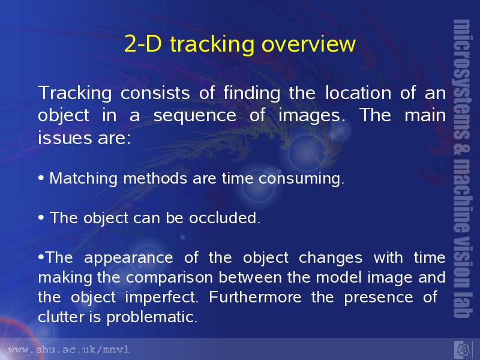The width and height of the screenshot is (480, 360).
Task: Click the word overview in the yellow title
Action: pyautogui.click(x=308, y=44)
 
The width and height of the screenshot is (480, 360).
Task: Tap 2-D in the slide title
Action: pyautogui.click(x=143, y=44)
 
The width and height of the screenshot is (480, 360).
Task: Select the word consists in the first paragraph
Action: pyautogui.click(x=155, y=93)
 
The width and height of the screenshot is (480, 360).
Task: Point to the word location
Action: pyautogui.click(x=358, y=92)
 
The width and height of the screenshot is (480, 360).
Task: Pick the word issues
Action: pyautogui.click(x=65, y=138)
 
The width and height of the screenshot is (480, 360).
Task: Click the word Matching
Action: pyautogui.click(x=83, y=179)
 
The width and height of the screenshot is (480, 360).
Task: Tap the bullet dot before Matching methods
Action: pyautogui.click(x=41, y=178)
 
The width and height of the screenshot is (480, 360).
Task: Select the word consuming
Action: pyautogui.click(x=302, y=179)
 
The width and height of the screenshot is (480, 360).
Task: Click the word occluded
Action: pyautogui.click(x=224, y=218)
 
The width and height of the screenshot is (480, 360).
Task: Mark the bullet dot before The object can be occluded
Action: pyautogui.click(x=41, y=218)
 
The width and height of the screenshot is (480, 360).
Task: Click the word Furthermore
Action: pyautogui.click(x=255, y=297)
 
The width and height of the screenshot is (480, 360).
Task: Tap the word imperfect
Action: pyautogui.click(x=161, y=298)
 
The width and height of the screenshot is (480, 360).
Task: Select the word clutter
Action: pyautogui.click(x=61, y=317)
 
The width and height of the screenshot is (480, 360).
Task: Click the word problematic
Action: pyautogui.click(x=152, y=317)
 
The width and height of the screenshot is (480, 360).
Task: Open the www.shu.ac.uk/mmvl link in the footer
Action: pyautogui.click(x=69, y=350)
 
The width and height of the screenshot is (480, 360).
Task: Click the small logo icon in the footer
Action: pyautogui.click(x=462, y=349)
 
